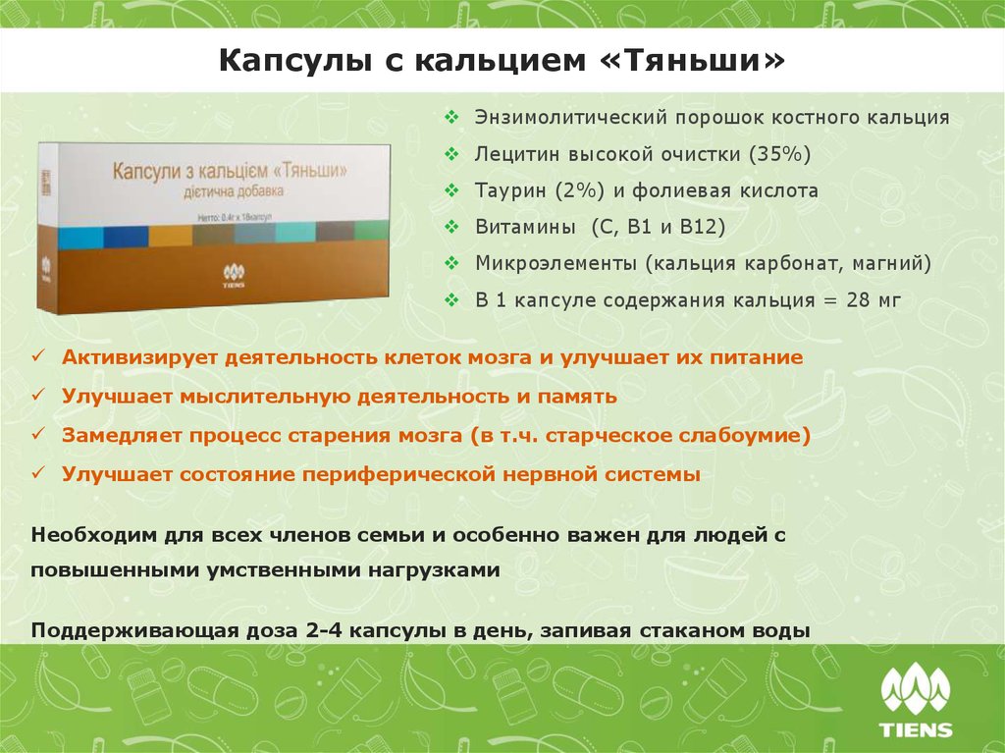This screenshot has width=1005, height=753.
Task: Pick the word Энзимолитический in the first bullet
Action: pyautogui.click(x=570, y=118)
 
